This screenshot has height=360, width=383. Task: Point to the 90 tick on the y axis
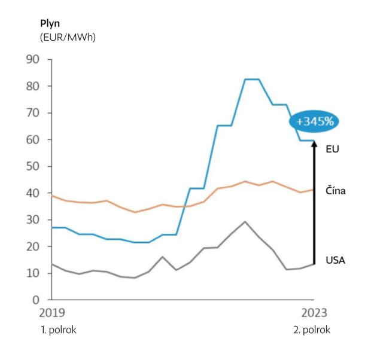point(32,60)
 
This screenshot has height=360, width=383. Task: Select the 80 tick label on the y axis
point(32,86)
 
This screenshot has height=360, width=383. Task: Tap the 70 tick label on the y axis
point(32,113)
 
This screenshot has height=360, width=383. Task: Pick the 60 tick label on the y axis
point(32,140)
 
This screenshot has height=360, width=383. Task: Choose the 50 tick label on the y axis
point(32,166)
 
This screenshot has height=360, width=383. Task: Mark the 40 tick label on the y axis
point(32,193)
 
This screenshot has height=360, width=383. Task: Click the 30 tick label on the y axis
point(32,220)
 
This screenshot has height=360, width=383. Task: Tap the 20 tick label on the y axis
point(32,246)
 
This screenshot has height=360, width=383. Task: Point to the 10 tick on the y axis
point(32,273)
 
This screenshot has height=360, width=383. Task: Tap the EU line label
point(333,148)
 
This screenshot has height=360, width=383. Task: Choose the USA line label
point(336,260)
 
